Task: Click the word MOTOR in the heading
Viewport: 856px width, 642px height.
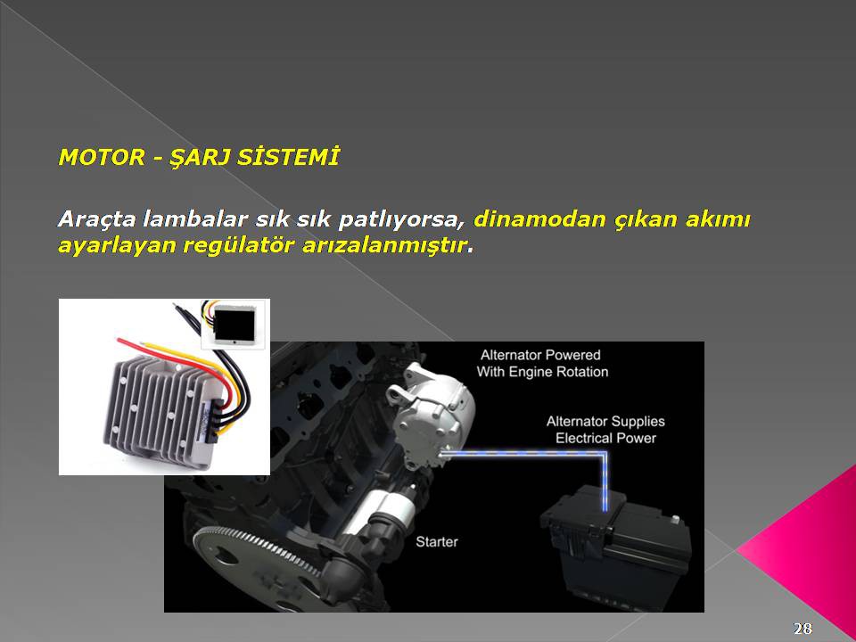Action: pyautogui.click(x=102, y=157)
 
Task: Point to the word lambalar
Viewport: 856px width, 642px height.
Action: pyautogui.click(x=194, y=219)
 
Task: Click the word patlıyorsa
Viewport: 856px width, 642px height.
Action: pyautogui.click(x=398, y=219)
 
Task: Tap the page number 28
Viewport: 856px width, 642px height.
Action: pyautogui.click(x=802, y=629)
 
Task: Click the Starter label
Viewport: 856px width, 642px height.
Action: pyautogui.click(x=437, y=541)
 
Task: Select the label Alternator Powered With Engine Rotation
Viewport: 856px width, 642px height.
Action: pyautogui.click(x=542, y=364)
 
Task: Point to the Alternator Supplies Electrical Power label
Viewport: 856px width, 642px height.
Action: pyautogui.click(x=605, y=430)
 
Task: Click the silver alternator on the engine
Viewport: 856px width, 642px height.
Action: pyautogui.click(x=432, y=415)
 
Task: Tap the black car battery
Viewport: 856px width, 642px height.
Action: pyautogui.click(x=616, y=546)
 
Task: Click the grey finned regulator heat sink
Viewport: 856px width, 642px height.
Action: pyautogui.click(x=161, y=412)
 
